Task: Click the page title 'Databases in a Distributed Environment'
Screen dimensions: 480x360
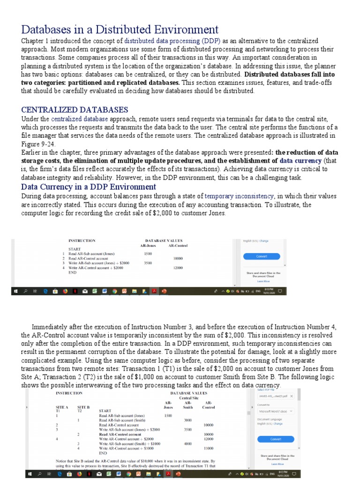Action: click(120, 30)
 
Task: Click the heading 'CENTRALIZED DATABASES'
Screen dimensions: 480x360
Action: click(75, 110)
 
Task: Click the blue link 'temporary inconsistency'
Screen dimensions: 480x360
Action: click(239, 196)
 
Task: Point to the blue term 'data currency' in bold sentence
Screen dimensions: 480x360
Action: click(300, 160)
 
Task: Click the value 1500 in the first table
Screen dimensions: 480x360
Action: click(148, 253)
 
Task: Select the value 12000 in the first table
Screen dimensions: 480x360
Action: click(177, 268)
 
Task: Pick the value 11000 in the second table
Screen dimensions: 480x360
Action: click(209, 448)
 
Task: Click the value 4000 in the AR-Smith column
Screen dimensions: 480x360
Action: click(188, 443)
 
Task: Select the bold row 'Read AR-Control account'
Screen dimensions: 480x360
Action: click(116, 434)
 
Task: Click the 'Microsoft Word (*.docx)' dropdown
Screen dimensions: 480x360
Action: click(276, 411)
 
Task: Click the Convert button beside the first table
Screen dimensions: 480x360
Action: click(262, 256)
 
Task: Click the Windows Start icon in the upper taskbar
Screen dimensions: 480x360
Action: click(16, 291)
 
